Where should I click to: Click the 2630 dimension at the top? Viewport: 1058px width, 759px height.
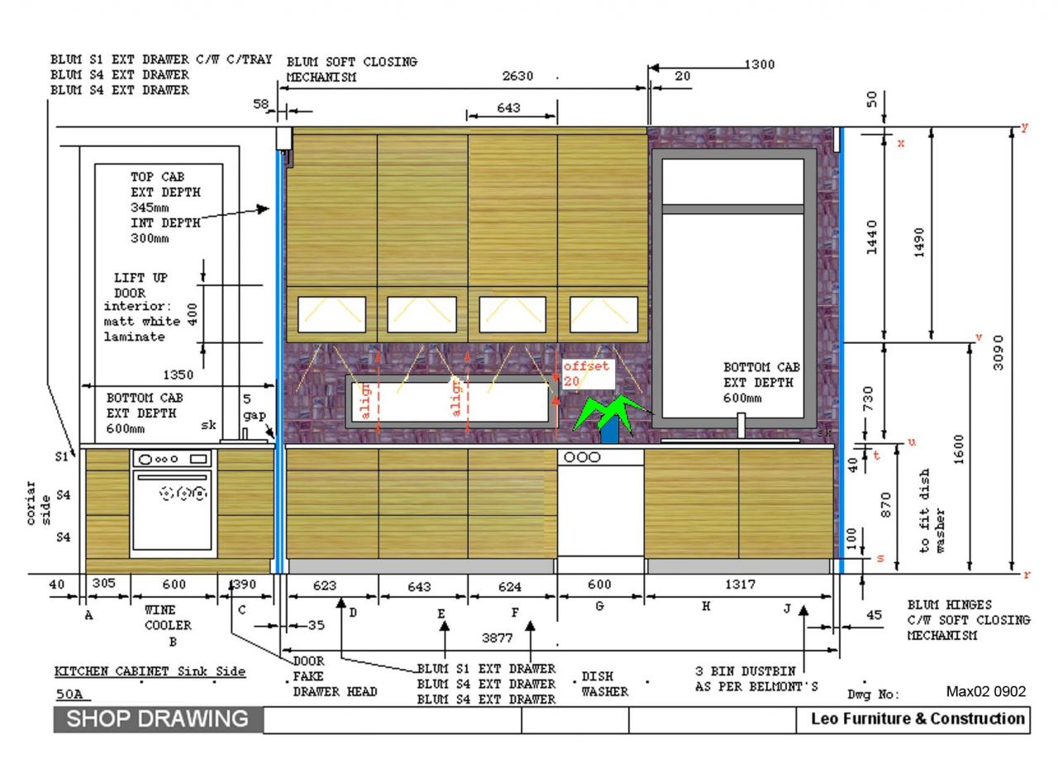point(518,76)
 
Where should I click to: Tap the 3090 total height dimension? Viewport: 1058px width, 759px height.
point(998,353)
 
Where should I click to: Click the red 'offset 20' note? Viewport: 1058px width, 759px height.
point(586,373)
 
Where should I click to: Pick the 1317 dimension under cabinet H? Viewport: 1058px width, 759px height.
point(739,585)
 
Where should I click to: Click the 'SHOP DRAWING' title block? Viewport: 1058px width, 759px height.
point(158,718)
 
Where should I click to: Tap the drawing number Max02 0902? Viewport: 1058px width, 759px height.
point(985,690)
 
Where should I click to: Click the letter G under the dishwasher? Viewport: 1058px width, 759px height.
point(600,606)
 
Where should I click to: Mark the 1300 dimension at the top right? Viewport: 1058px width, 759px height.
point(759,64)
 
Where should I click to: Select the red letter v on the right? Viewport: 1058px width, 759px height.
point(979,337)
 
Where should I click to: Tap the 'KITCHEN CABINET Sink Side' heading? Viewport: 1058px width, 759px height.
point(150,671)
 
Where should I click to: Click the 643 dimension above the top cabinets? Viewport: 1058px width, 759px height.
point(509,107)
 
